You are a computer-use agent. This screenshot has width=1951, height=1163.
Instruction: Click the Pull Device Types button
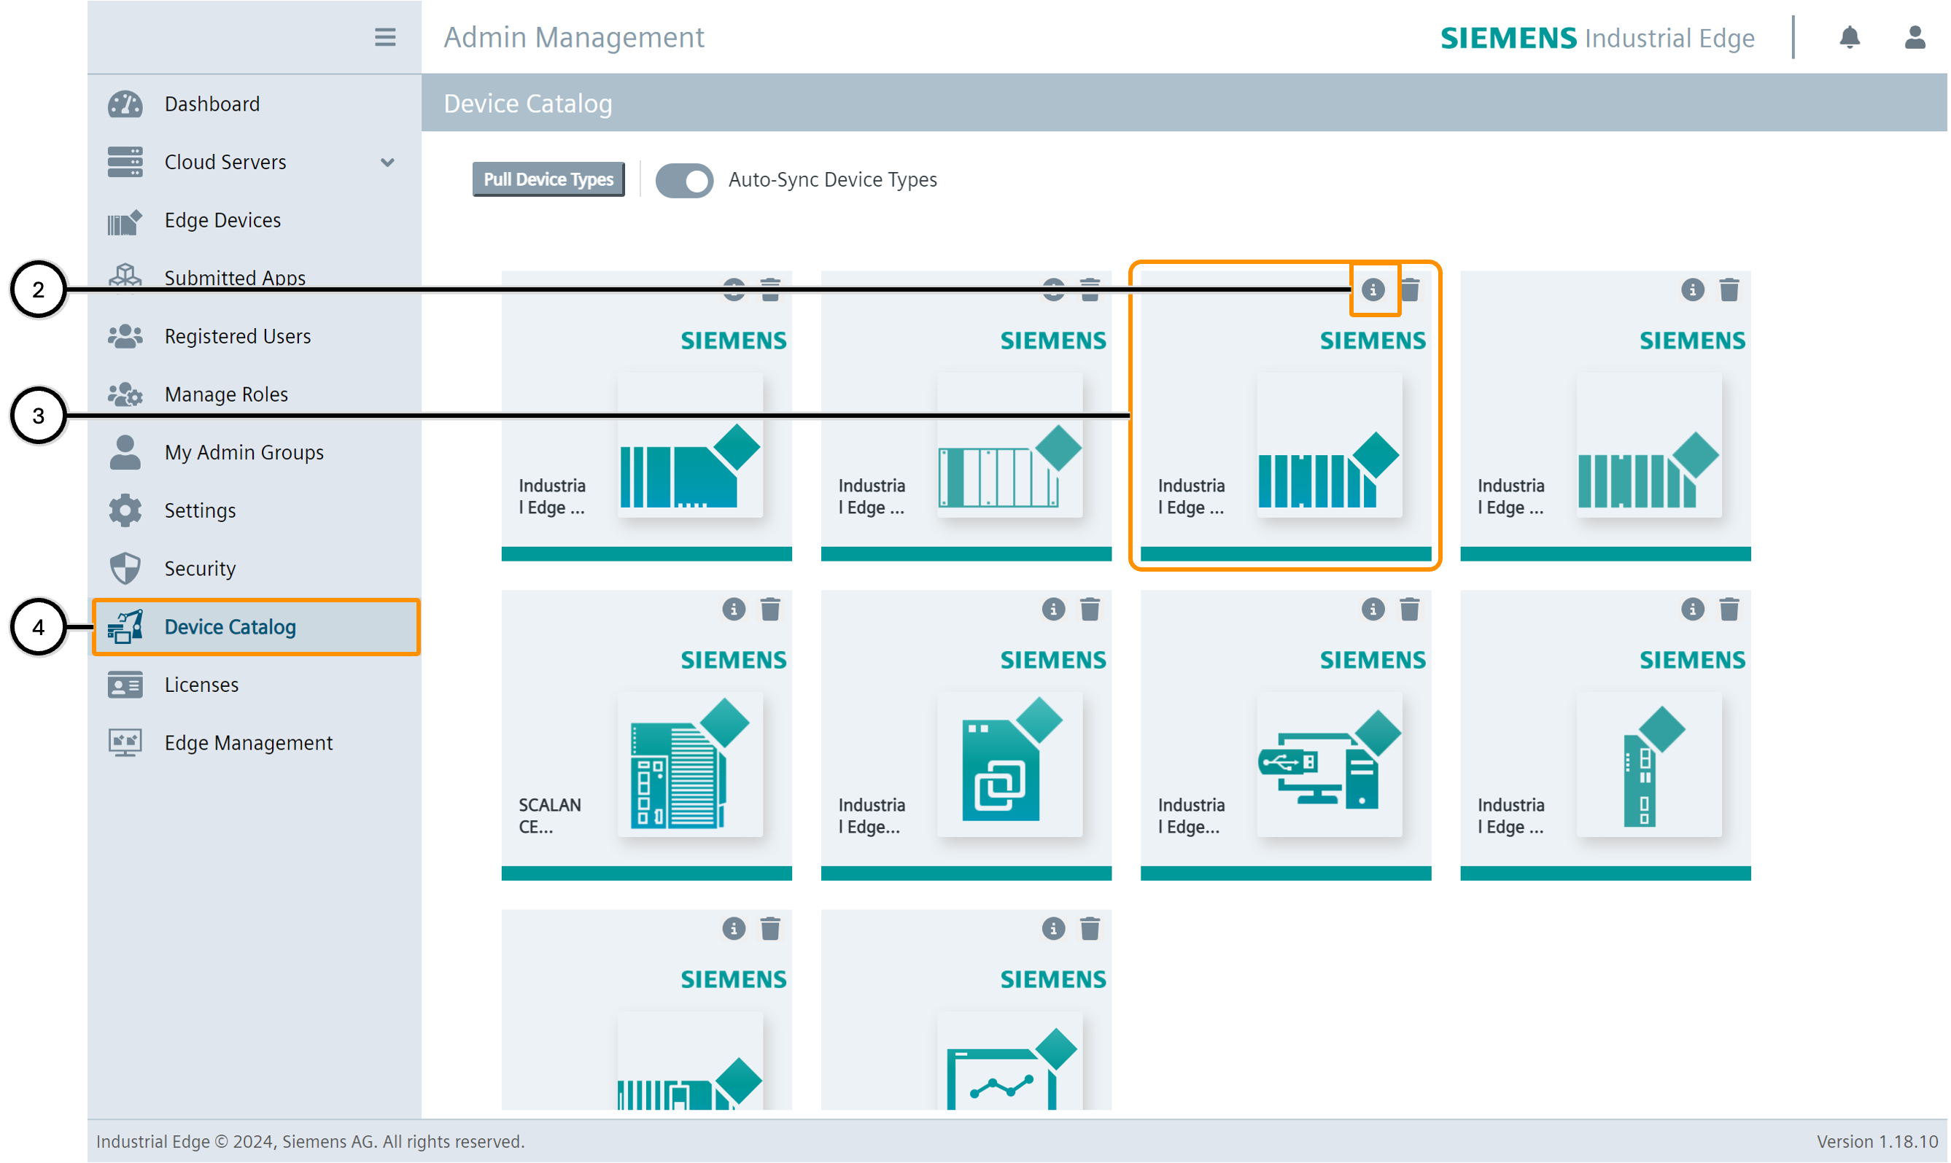pos(548,179)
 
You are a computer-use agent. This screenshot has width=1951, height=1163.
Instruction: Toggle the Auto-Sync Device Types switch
pos(683,180)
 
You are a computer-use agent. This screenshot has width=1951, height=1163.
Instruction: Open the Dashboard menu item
pos(212,104)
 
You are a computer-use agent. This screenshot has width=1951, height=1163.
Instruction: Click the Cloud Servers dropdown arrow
pos(387,162)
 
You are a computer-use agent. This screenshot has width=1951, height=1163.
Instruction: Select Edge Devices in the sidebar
pos(222,220)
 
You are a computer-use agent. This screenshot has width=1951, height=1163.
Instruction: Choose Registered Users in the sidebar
pos(237,336)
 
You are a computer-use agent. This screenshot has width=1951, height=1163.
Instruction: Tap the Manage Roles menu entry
pos(226,394)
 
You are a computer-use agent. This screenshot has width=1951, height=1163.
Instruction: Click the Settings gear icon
pos(125,511)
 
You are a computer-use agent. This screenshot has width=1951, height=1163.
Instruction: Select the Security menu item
pos(199,569)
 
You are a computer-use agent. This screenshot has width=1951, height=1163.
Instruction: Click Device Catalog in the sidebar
pos(230,627)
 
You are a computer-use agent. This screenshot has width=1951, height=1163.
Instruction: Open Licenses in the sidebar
pos(201,685)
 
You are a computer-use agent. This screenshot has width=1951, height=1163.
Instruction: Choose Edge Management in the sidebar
pos(248,743)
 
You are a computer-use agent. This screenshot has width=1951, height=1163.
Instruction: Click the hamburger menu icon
pos(385,37)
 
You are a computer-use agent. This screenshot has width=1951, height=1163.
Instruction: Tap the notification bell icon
pos(1850,37)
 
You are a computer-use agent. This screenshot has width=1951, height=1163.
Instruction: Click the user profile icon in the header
pos(1915,37)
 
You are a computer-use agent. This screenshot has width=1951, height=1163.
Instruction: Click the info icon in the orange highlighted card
pos(1373,290)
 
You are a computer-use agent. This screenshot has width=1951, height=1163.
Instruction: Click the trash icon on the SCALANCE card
pos(770,610)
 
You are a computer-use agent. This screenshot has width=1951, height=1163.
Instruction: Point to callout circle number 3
pos(38,416)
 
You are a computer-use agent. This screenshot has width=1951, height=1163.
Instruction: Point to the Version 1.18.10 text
pos(1877,1142)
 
